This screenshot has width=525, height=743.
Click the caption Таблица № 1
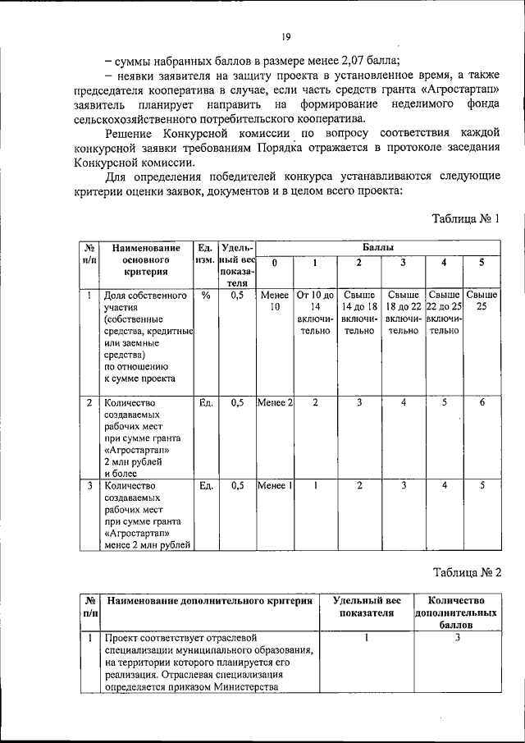pos(465,218)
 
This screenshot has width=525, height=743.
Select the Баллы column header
pos(377,246)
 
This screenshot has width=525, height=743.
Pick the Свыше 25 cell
pos(482,301)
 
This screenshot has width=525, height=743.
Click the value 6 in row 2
pos(482,403)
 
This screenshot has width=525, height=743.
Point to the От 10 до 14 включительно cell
pos(315,313)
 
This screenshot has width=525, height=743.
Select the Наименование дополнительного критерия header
pos(209,601)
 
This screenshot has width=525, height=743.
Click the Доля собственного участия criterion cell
pos(144,337)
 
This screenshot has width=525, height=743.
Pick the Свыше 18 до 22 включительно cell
pos(403,313)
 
